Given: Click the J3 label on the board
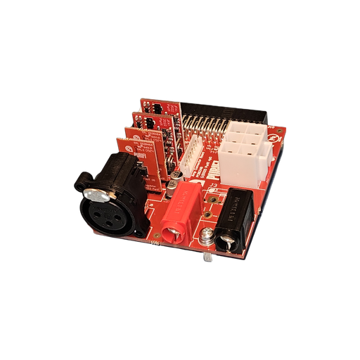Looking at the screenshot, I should click(216, 186).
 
